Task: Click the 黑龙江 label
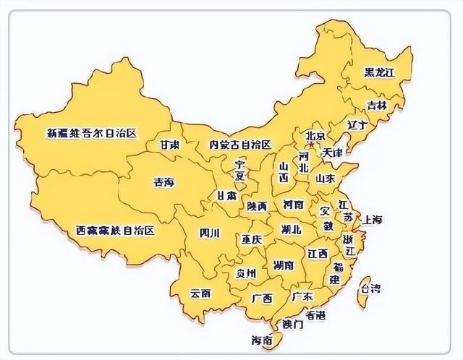[380, 72]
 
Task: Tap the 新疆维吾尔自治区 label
[92, 133]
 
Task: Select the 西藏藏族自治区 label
[116, 231]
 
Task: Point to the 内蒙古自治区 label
[239, 145]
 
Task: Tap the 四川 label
[209, 233]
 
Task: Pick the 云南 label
[200, 293]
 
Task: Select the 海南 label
[261, 339]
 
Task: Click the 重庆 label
[252, 239]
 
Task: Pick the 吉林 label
[376, 105]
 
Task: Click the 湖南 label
[284, 265]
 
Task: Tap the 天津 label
[332, 153]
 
